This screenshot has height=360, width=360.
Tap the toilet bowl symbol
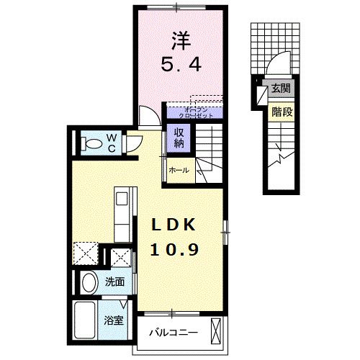tap(91, 142)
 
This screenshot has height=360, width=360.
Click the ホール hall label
tap(178, 171)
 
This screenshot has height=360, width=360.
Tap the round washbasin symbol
tap(89, 283)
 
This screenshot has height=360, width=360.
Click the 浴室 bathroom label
tap(115, 320)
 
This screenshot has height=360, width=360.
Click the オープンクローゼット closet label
tap(192, 111)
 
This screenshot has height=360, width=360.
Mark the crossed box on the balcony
tap(217, 333)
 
